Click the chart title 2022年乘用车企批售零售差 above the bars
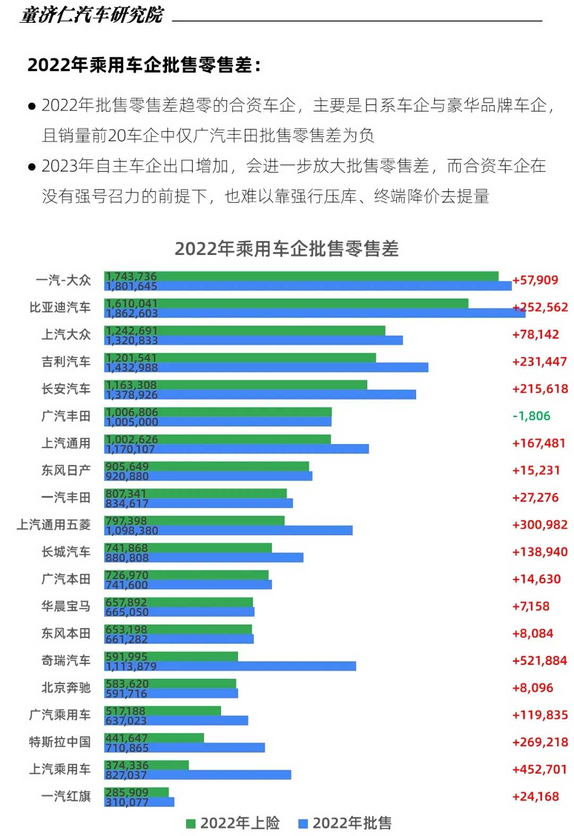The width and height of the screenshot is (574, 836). (286, 249)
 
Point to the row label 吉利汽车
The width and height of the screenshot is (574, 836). (66, 362)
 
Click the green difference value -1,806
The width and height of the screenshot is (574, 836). (531, 416)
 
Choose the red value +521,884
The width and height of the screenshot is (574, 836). (539, 661)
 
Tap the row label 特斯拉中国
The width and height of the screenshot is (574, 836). (60, 742)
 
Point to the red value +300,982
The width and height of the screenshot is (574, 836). (539, 525)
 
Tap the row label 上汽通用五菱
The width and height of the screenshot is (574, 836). (53, 525)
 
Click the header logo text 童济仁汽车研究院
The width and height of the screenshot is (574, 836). (92, 15)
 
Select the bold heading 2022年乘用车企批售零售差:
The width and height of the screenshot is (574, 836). (144, 65)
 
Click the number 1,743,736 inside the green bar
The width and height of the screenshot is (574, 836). (131, 276)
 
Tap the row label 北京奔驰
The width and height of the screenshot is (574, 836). (66, 688)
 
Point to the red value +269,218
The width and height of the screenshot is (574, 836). (539, 742)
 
